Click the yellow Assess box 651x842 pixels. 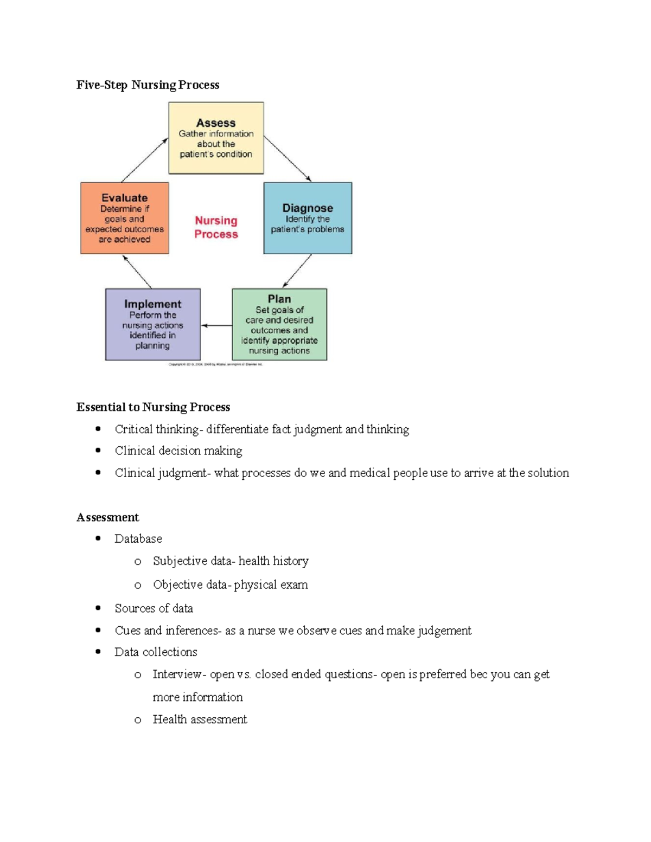[216, 138]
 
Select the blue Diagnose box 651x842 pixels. [308, 218]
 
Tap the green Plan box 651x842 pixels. [279, 324]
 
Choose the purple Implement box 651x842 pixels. [152, 324]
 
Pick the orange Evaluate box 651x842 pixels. [125, 218]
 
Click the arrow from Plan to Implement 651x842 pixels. [216, 325]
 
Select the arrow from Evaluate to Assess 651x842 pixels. [144, 160]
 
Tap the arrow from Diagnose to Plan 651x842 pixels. [297, 271]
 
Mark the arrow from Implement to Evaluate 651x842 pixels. [137, 272]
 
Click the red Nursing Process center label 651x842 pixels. [216, 227]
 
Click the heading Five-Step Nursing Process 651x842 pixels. [148, 85]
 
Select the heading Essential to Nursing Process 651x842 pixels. [153, 407]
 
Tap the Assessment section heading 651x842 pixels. [107, 517]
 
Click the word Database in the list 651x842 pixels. [138, 539]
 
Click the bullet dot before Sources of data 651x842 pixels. [98, 608]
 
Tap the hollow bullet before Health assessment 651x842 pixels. [138, 720]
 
